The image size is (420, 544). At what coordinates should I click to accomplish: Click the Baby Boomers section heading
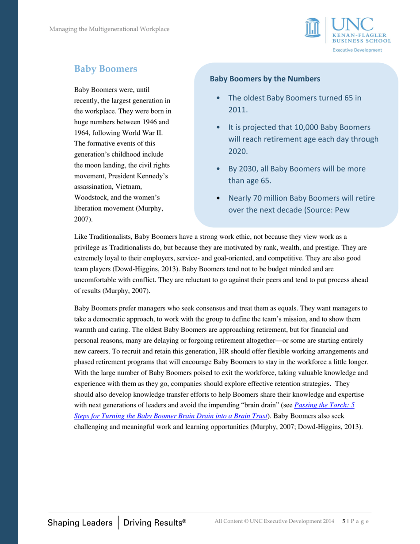click(106, 69)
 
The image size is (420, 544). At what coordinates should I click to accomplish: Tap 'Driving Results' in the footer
click(154, 523)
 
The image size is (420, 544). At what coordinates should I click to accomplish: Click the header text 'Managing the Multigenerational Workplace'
click(110, 29)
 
